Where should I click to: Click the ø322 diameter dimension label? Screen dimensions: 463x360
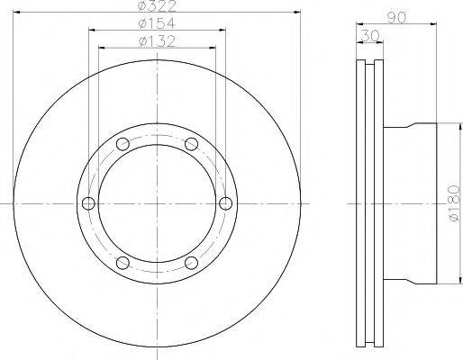tap(157, 6)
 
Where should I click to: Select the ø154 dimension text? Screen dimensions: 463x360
tap(157, 23)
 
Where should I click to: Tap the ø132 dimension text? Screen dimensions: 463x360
tap(157, 41)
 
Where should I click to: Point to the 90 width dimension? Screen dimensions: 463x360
tap(396, 17)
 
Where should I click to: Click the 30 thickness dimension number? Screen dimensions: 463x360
tap(369, 36)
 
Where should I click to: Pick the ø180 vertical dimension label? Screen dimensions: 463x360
tap(454, 202)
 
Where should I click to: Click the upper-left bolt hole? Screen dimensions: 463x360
tap(123, 144)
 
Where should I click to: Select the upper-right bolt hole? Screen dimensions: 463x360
tap(191, 144)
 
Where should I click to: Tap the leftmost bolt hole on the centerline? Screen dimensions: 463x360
tap(88, 203)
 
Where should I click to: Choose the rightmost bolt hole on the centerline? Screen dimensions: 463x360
tap(225, 203)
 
